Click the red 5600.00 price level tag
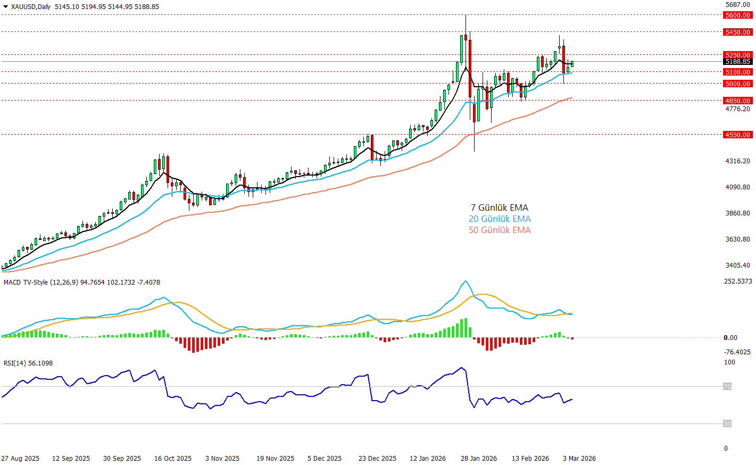(x=737, y=15)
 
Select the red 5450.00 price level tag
(x=737, y=32)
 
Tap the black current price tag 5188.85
(x=737, y=62)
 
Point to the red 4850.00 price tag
(x=737, y=101)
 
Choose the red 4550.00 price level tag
(x=737, y=135)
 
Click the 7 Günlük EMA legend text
(x=499, y=207)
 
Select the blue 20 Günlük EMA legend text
(x=499, y=219)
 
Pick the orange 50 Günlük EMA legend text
(x=499, y=230)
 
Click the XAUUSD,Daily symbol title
(x=30, y=7)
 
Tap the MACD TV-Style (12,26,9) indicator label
(x=40, y=283)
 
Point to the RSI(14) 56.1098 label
(x=28, y=363)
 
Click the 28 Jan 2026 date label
(x=479, y=459)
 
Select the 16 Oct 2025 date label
(x=172, y=459)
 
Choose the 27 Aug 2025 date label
(x=20, y=459)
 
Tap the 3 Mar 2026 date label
(x=579, y=459)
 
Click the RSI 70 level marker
(x=727, y=387)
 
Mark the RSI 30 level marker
(x=727, y=424)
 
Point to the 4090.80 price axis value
(x=737, y=187)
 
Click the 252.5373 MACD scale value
(x=738, y=281)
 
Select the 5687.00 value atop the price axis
(x=737, y=5)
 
